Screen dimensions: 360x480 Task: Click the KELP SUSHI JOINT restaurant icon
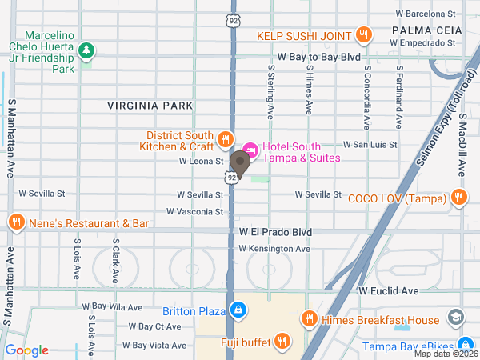tap(364, 34)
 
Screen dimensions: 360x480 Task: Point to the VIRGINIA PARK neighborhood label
tap(151, 105)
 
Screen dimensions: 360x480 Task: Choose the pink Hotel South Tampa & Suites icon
tap(250, 149)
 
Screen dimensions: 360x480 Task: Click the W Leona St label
tap(200, 162)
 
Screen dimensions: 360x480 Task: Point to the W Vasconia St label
tap(194, 211)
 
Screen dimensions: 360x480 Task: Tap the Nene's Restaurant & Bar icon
tap(15, 222)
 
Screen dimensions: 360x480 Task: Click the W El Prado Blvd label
tap(275, 232)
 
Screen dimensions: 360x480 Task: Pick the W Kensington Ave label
tap(274, 249)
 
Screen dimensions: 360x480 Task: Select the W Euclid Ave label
tap(388, 291)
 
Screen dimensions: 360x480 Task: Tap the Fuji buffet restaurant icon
tap(282, 342)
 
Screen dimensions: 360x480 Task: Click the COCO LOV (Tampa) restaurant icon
tap(458, 198)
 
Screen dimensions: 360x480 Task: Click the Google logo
tap(27, 350)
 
